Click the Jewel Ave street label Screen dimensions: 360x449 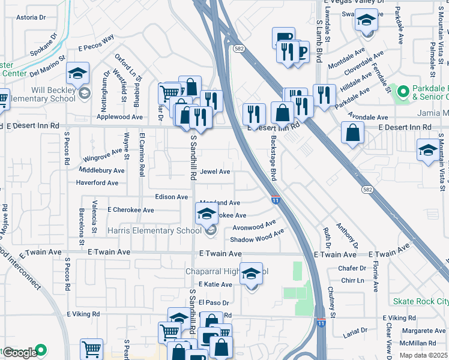(x=215, y=172)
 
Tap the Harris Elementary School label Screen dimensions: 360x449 (x=154, y=230)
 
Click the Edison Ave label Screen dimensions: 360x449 (x=172, y=197)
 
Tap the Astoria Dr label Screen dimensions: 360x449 (x=31, y=17)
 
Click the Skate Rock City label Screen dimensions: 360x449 (x=420, y=301)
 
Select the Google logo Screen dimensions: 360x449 (x=20, y=353)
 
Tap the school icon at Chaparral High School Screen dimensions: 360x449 (x=252, y=274)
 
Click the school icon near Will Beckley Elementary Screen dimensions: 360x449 (x=77, y=73)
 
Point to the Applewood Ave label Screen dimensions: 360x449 (x=124, y=117)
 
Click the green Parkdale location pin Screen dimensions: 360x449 (x=402, y=92)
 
